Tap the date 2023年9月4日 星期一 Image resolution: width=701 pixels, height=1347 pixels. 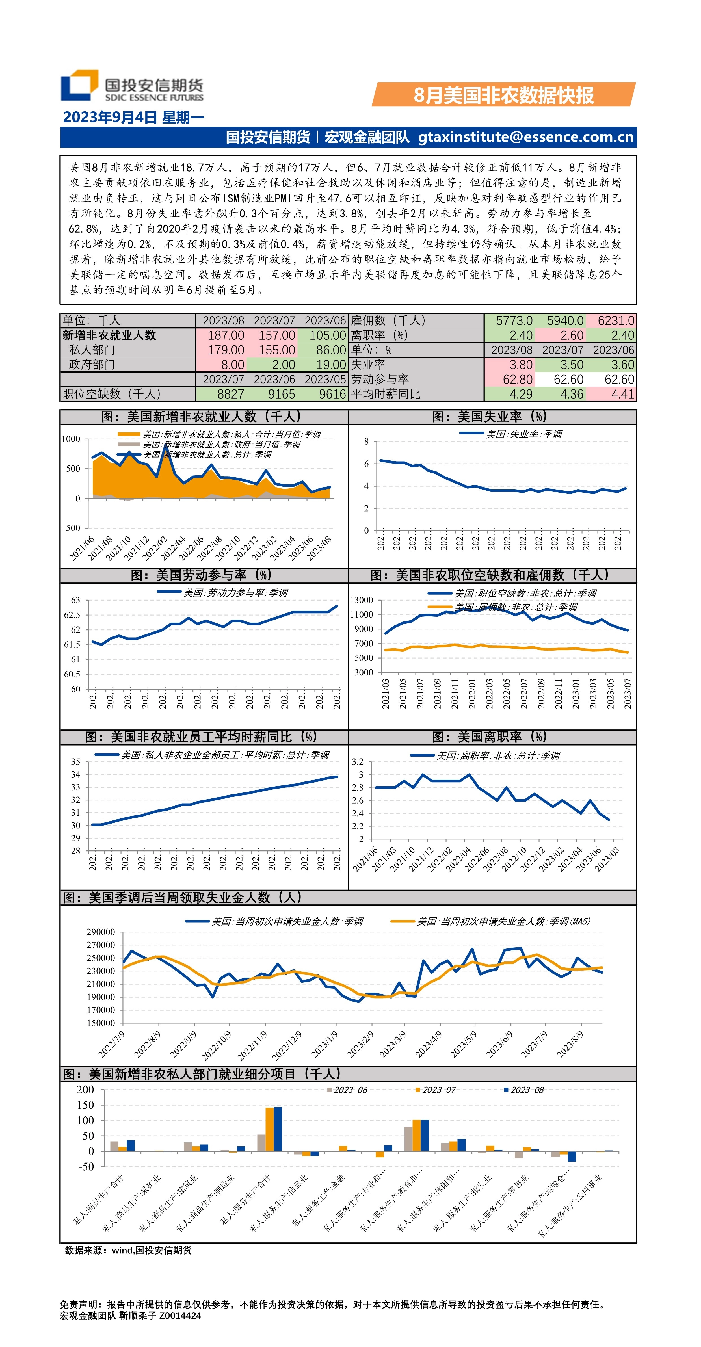(x=133, y=117)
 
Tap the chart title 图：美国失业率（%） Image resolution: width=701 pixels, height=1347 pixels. (x=492, y=417)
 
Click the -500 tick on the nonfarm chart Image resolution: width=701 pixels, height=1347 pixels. (x=72, y=528)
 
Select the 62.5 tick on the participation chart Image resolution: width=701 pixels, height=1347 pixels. (x=72, y=615)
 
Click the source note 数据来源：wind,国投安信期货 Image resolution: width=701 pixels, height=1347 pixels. (x=128, y=1250)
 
